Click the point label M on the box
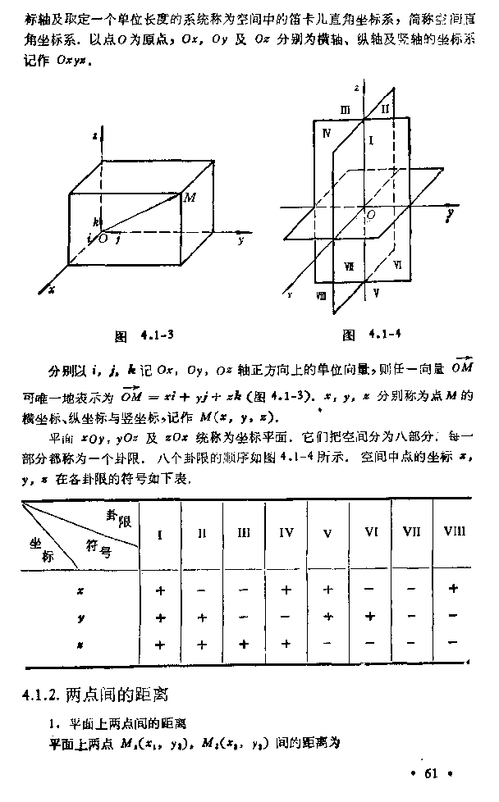click(x=190, y=198)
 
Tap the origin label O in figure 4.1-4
click(x=372, y=214)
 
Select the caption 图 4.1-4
click(x=371, y=335)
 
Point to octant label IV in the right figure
click(x=327, y=133)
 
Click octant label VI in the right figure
click(x=397, y=264)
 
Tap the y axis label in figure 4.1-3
click(x=240, y=241)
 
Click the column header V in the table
click(x=327, y=533)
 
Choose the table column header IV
click(x=286, y=533)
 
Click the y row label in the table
click(x=80, y=617)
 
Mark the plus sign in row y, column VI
click(x=370, y=617)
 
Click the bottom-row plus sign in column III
click(x=244, y=645)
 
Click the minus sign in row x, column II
click(x=201, y=589)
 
